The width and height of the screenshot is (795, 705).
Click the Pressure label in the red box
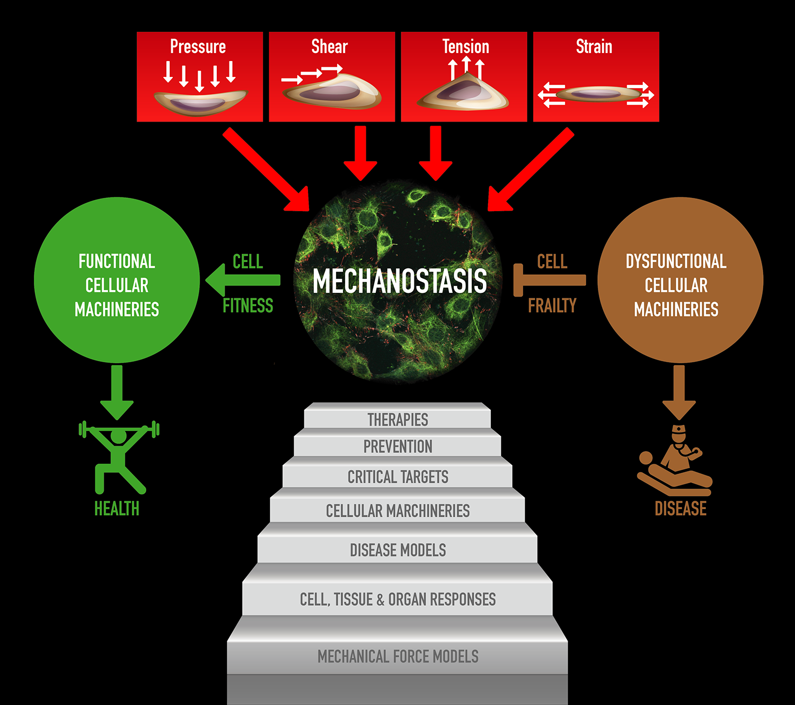point(198,47)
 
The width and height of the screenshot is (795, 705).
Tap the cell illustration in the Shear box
point(332,91)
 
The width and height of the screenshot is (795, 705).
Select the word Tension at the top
point(465,47)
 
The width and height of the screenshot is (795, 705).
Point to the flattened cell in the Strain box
point(597,94)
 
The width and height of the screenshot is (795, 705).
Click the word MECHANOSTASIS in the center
point(400,281)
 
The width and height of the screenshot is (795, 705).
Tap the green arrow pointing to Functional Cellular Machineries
point(243,280)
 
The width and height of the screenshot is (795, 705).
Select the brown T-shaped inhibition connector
point(549,280)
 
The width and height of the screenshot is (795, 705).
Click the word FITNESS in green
point(248,306)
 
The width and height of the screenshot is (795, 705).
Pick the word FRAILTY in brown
point(552,306)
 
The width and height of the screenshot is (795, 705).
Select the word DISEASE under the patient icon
point(681,509)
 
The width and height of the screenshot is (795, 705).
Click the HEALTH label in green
point(117,509)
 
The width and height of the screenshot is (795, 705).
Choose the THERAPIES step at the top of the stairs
point(397,420)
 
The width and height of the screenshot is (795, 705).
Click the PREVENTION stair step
point(397,447)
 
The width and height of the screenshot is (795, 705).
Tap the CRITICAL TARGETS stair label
point(397,477)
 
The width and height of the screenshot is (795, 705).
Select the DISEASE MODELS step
point(397,550)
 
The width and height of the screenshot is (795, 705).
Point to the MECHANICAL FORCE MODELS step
point(397,657)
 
